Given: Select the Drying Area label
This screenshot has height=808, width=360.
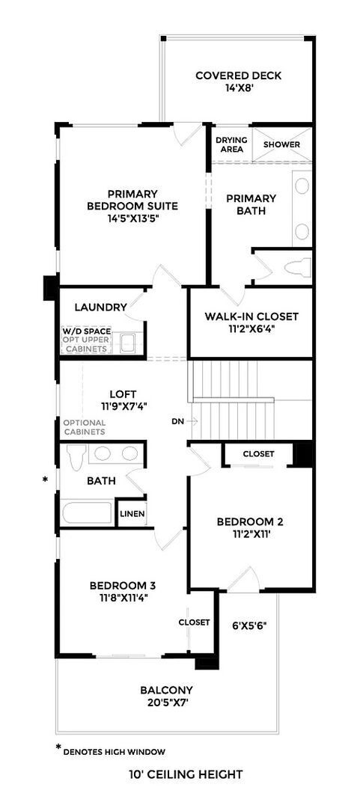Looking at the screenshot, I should pos(231,144).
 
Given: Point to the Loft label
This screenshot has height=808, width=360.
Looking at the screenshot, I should pos(122,393).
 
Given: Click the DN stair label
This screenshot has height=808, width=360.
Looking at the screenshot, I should pos(177,421).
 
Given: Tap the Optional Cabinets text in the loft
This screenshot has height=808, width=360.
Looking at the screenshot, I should pos(84,427).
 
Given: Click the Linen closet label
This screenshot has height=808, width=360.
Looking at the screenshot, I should pos(132,514).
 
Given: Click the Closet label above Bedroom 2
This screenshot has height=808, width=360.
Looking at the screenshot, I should pos(258,454).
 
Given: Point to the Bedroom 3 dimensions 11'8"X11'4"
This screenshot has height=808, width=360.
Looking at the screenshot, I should pos(122,598).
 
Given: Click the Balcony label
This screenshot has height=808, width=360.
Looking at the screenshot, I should pos(167,690).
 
